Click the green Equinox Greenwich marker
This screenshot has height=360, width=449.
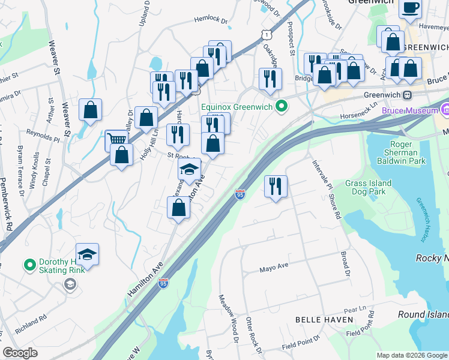[280, 107]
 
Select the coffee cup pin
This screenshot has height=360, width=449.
[411, 8]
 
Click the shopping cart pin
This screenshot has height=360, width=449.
[116, 140]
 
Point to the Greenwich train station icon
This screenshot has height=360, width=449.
[407, 95]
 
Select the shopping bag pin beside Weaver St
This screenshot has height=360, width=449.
[90, 110]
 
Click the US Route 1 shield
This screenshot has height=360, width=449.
[265, 35]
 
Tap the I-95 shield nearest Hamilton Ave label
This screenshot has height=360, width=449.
[163, 283]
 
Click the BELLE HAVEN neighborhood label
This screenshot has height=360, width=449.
[324, 320]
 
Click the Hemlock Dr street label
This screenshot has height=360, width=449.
[212, 20]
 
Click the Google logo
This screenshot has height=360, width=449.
[20, 353]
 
